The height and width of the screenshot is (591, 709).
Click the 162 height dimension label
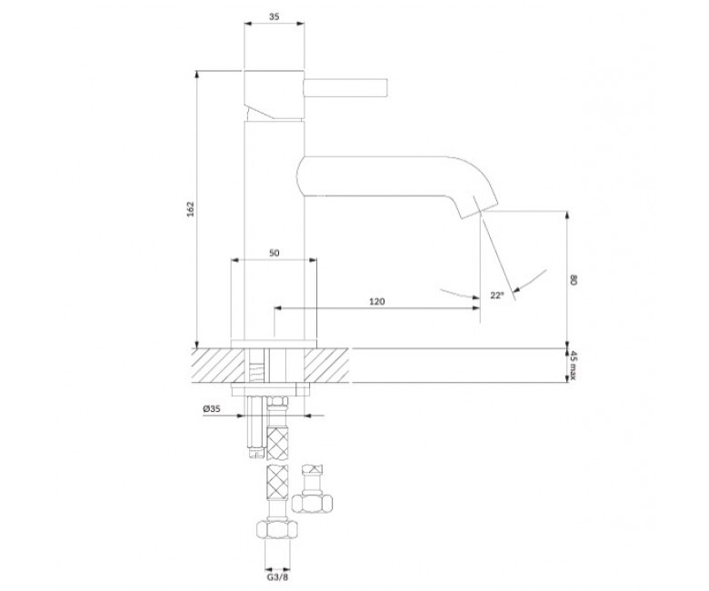[x=190, y=209]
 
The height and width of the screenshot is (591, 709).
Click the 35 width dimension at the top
[x=274, y=16]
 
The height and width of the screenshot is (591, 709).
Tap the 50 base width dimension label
[x=274, y=254]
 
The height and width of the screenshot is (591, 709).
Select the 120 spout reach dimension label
[x=377, y=302]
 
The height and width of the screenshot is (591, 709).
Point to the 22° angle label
[x=496, y=295]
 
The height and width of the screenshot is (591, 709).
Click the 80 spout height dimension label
[x=574, y=279]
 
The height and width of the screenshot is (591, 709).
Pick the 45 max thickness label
[x=573, y=366]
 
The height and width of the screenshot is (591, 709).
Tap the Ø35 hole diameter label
[x=212, y=409]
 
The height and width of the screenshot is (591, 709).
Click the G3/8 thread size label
[x=277, y=577]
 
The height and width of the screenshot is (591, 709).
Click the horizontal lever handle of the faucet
[x=346, y=87]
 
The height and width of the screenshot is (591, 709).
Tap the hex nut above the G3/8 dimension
[x=277, y=529]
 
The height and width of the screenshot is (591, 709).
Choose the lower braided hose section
[x=277, y=482]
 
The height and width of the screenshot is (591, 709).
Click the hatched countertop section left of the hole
[x=219, y=366]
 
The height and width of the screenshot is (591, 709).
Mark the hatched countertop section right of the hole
[x=326, y=366]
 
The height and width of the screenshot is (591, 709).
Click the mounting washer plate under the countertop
[x=270, y=389]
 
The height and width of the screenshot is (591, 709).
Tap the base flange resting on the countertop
[x=274, y=344]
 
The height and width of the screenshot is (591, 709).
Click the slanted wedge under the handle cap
[x=260, y=112]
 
